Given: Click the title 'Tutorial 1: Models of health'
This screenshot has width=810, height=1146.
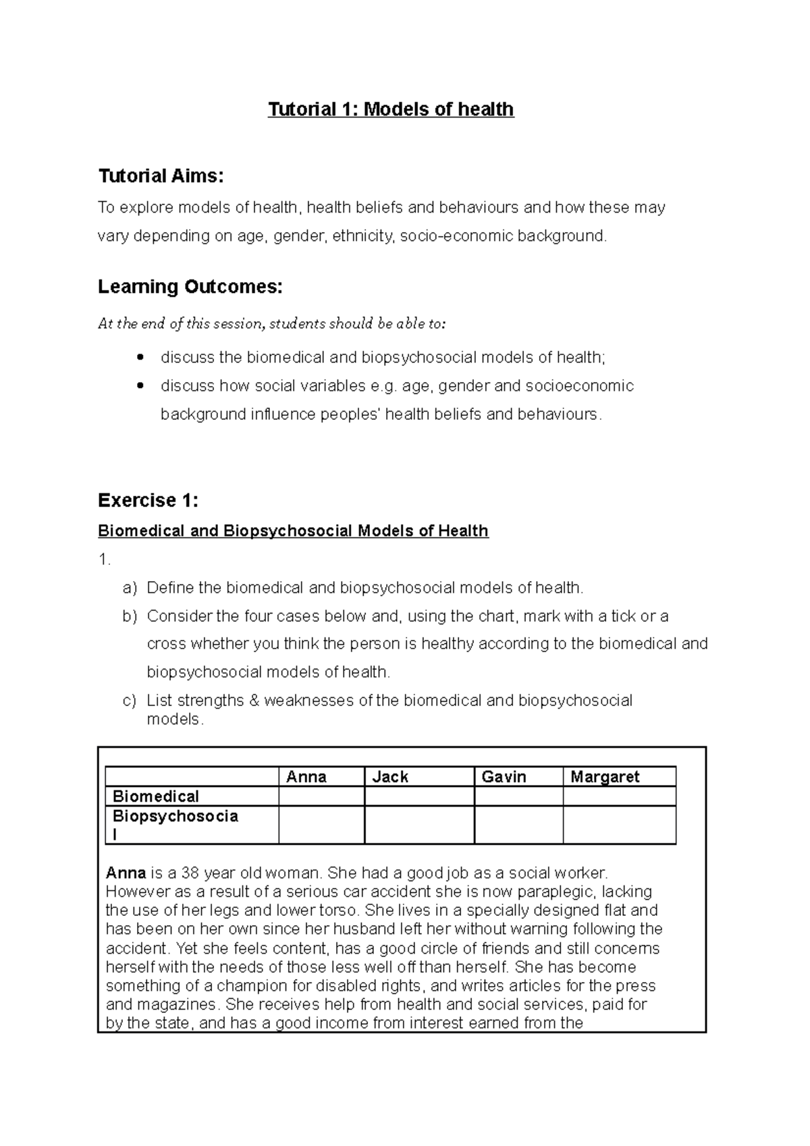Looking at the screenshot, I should point(391,109).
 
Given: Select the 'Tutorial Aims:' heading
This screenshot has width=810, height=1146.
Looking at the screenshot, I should point(161,177).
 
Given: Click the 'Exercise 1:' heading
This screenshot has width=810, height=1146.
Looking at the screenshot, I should point(148,500).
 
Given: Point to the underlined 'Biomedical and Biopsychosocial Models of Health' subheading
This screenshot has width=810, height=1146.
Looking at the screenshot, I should point(293,531).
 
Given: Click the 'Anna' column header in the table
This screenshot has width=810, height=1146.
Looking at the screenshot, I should point(306,777).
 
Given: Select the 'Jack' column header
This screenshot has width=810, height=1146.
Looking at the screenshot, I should point(390,777).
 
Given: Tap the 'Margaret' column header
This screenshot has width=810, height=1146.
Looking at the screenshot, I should point(605,777).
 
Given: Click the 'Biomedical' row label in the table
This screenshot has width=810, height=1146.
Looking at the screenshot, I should point(156,796).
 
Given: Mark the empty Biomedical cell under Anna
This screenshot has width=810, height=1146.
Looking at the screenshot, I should point(321,796).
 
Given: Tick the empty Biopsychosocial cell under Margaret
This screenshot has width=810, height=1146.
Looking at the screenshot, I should point(619,825).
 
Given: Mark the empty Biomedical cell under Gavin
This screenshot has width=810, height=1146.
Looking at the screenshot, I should point(518,796).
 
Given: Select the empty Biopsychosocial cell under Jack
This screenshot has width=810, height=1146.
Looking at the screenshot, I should point(419,825).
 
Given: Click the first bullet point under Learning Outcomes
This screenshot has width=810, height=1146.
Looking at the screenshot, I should point(140,356).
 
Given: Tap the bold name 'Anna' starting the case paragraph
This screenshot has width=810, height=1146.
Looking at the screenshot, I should point(126,873).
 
